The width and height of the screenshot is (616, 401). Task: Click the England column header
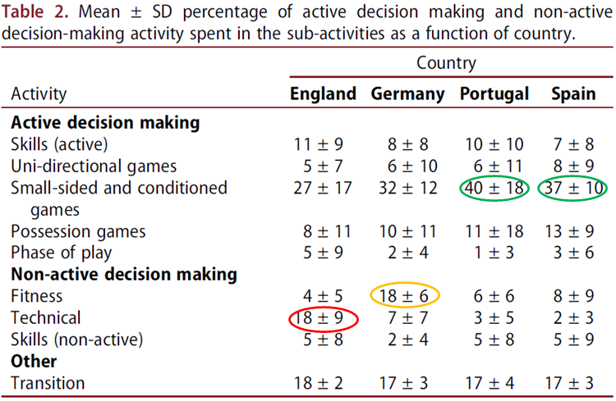click(x=323, y=93)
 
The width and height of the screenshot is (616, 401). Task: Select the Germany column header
click(x=408, y=93)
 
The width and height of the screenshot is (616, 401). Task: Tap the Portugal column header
click(x=494, y=93)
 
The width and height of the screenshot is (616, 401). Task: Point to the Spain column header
click(x=572, y=93)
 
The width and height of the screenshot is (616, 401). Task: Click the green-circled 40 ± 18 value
click(x=494, y=188)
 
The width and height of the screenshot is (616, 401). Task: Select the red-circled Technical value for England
click(x=323, y=318)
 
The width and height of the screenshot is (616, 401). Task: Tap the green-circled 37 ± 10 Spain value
click(x=573, y=188)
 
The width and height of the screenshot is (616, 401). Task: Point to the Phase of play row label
click(x=61, y=253)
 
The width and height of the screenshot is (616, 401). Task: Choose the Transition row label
click(x=48, y=383)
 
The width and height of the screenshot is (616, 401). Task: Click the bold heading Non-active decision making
click(x=124, y=274)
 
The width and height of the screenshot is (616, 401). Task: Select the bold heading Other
click(x=34, y=361)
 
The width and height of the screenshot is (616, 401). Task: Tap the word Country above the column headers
click(x=446, y=63)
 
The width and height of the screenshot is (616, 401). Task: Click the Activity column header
click(x=39, y=93)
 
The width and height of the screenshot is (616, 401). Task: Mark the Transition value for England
click(x=323, y=383)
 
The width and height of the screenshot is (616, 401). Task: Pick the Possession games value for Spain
click(x=573, y=231)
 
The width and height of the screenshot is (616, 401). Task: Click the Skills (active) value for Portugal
click(x=494, y=144)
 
